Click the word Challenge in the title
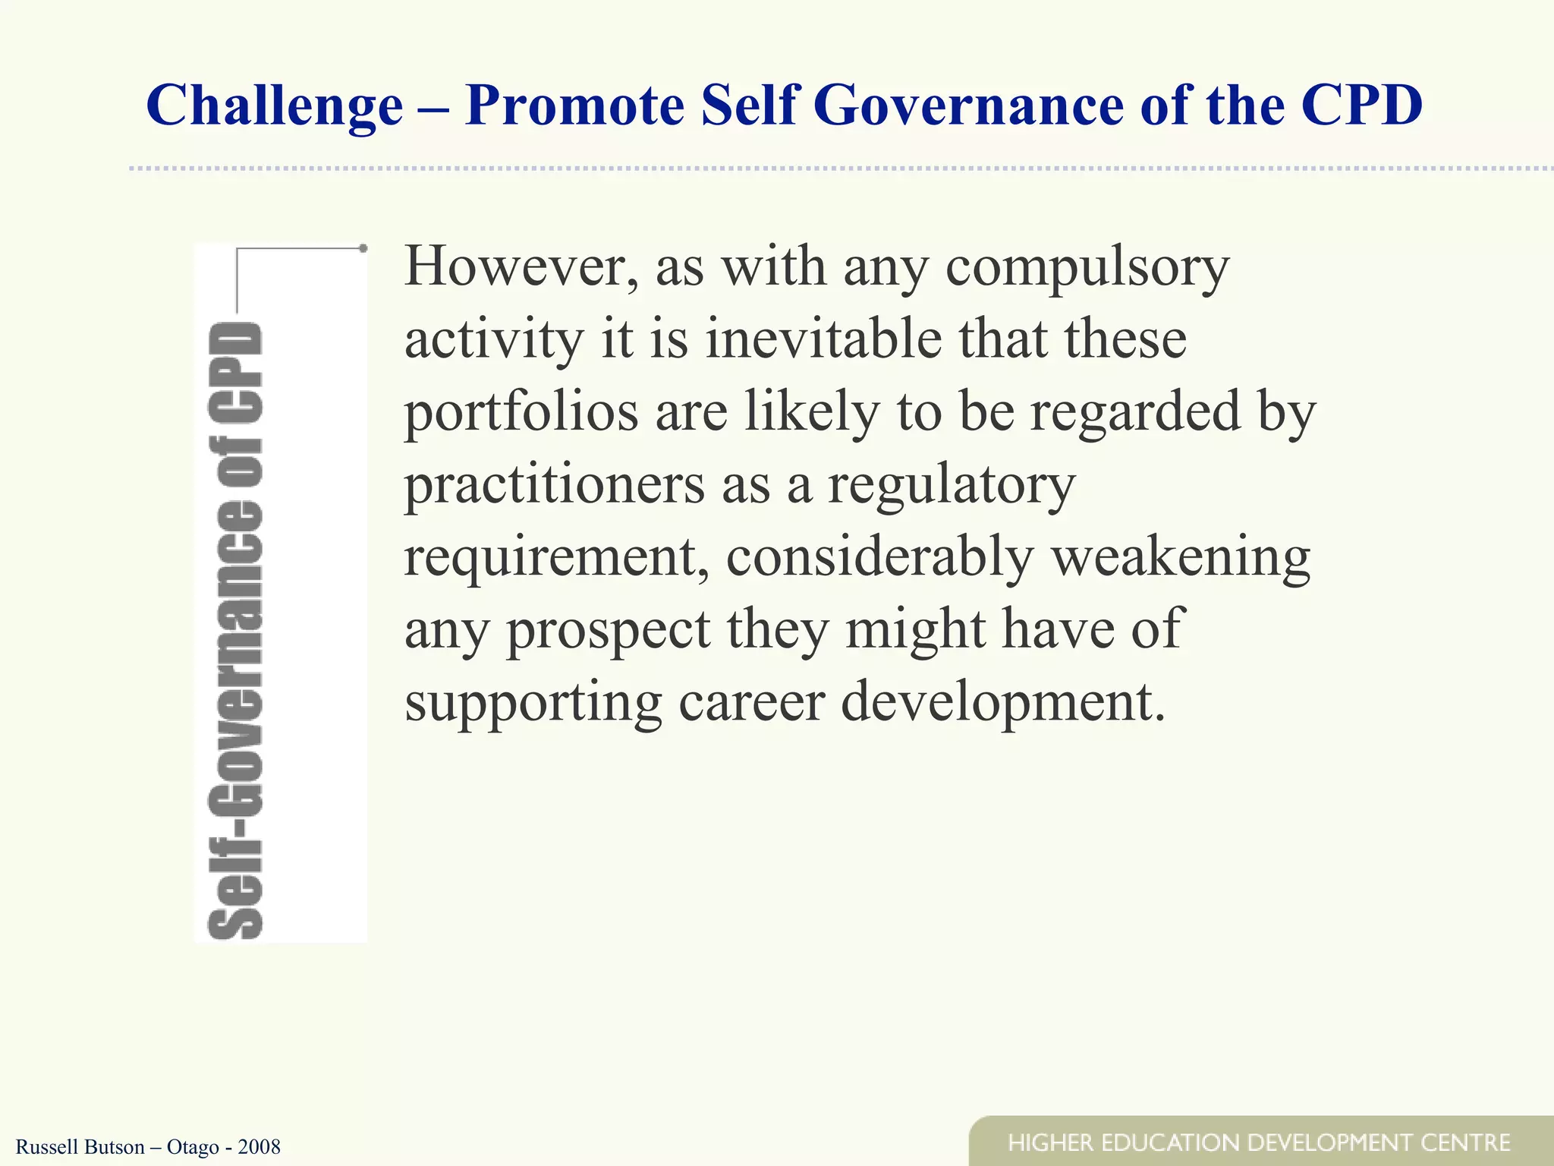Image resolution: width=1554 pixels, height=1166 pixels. [275, 106]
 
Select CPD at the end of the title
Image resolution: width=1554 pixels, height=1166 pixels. [1361, 105]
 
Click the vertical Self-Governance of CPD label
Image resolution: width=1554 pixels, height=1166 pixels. [235, 630]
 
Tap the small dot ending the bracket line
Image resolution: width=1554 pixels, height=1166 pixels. [363, 248]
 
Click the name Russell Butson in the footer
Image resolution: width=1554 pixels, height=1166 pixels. [80, 1146]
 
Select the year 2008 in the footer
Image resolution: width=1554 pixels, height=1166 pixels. [259, 1146]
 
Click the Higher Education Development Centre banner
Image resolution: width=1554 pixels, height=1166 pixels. [1260, 1142]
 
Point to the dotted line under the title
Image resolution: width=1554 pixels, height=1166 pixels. [835, 168]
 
